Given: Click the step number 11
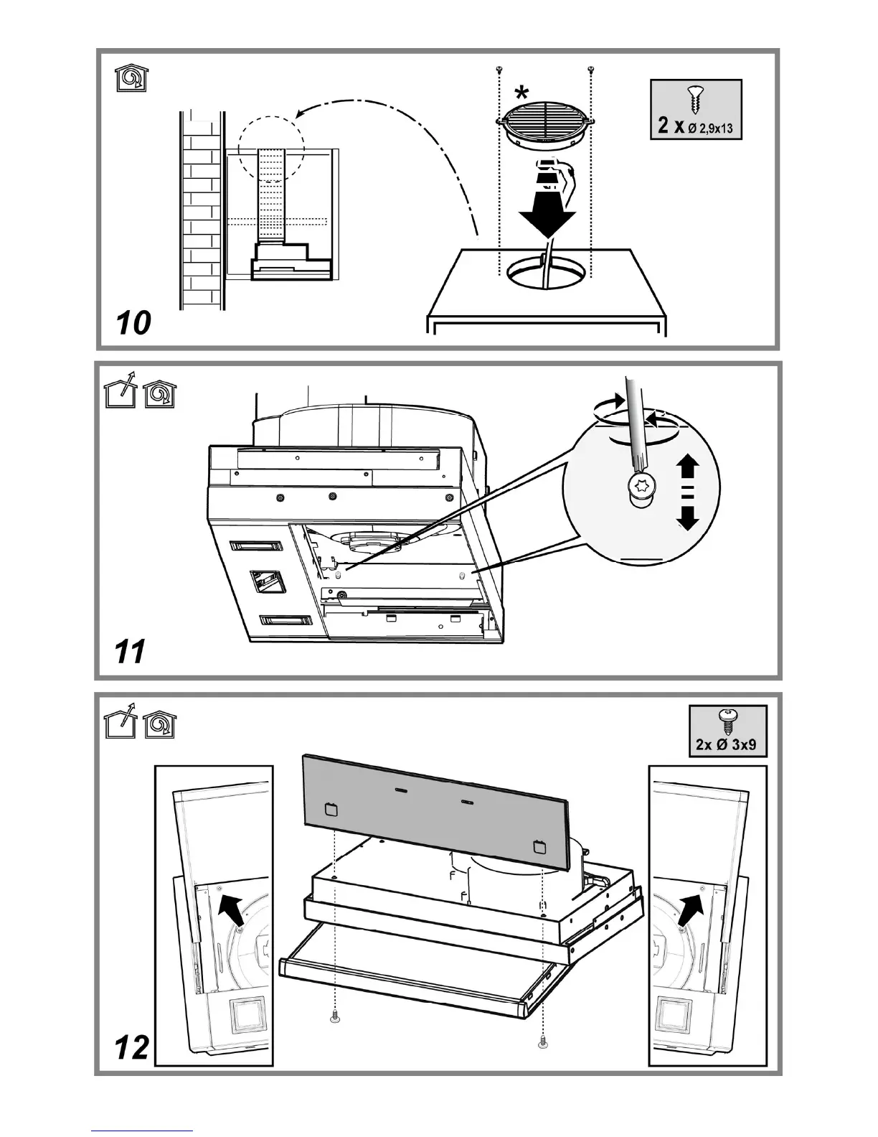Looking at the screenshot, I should [130, 652].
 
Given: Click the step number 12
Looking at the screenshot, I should [132, 1048].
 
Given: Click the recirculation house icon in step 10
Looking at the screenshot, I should [130, 78].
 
